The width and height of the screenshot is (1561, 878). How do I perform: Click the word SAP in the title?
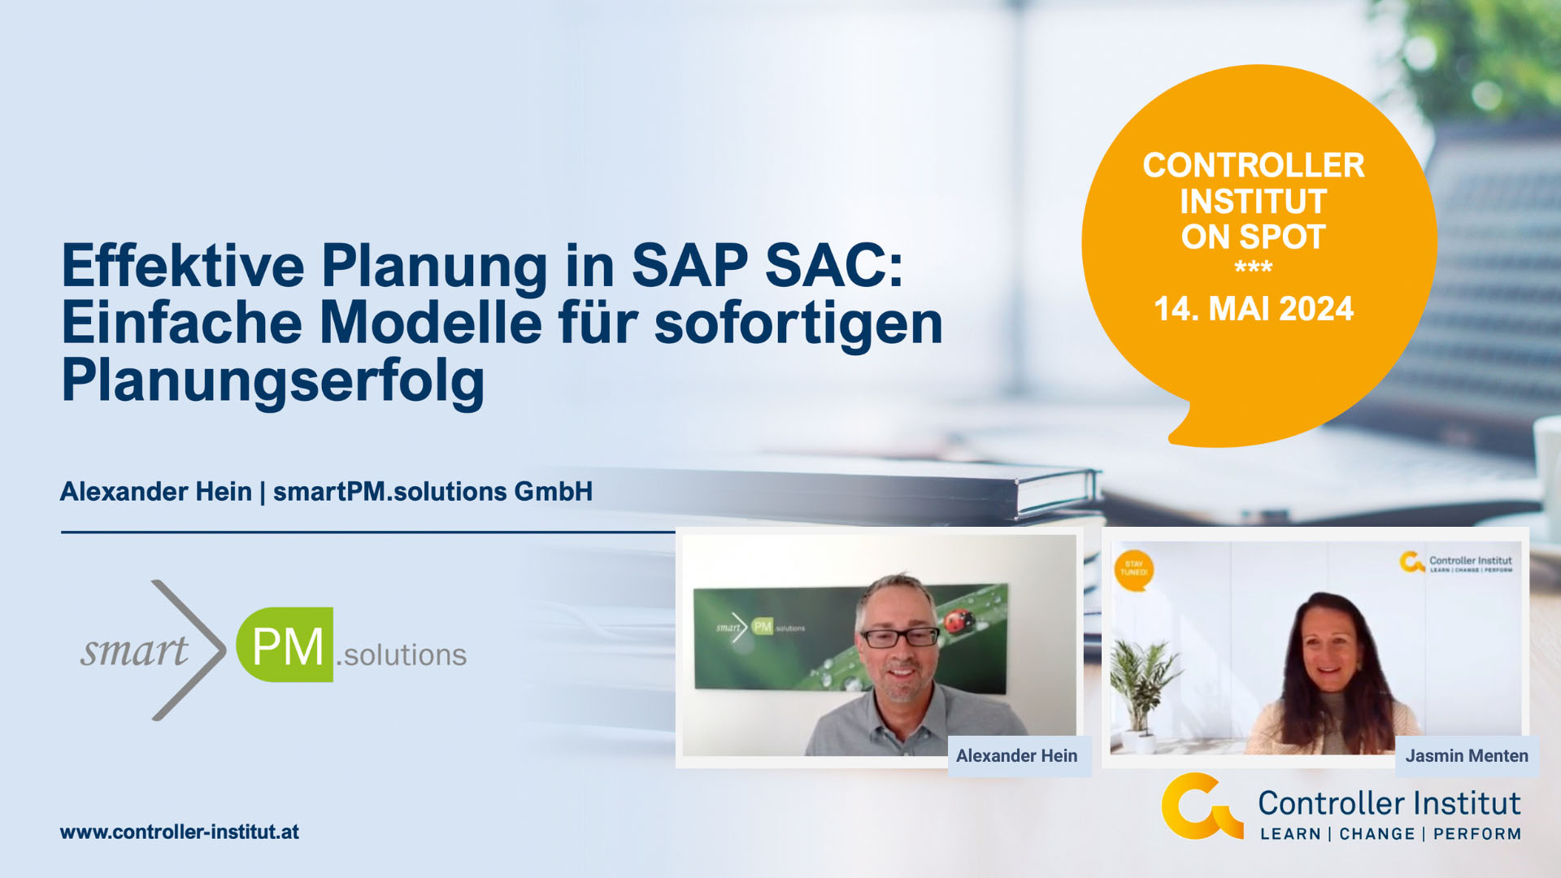coord(689,266)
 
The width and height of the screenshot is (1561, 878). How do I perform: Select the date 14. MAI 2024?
coord(1254,309)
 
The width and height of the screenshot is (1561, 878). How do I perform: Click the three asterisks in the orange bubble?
coord(1253,267)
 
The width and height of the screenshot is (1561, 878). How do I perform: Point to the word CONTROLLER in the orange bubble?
coord(1253,165)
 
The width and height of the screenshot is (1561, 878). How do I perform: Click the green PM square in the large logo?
coord(285,645)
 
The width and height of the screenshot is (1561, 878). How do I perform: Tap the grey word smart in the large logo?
coord(134,650)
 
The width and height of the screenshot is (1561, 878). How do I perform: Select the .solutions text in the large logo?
coord(402,655)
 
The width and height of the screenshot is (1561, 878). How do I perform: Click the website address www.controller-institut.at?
coord(180,832)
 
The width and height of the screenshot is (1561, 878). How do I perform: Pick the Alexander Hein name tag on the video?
coord(1016,756)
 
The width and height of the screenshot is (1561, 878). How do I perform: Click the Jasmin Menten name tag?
coord(1466,756)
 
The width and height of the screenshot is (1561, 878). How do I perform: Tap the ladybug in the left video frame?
coord(959,620)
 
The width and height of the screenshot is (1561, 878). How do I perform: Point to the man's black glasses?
coord(899,637)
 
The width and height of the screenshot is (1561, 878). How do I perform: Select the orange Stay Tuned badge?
coord(1133,568)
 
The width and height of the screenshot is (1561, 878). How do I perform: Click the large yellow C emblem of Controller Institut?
coord(1200,806)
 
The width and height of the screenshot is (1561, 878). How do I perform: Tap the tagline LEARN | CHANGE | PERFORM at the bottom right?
coord(1390,834)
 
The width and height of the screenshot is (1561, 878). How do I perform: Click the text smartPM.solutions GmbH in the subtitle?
coord(433,492)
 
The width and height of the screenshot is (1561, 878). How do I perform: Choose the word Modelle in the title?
coord(431,323)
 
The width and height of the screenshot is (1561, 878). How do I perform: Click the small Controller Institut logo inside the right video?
coord(1456,563)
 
